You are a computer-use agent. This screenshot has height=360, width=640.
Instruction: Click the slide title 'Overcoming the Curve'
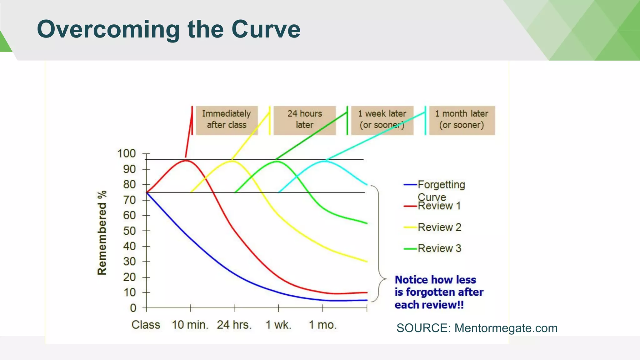pyautogui.click(x=169, y=29)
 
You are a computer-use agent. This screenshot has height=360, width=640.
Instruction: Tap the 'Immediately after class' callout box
pyautogui.click(x=227, y=120)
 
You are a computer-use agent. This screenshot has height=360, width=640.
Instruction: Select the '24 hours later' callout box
pyautogui.click(x=305, y=120)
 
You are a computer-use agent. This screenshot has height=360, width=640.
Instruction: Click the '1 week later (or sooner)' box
pyautogui.click(x=382, y=120)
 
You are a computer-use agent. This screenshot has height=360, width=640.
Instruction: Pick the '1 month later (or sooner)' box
pyautogui.click(x=462, y=120)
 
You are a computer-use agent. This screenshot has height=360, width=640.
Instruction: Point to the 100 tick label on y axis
pyautogui.click(x=127, y=154)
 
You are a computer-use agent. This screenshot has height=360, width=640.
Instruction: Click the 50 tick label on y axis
pyautogui.click(x=129, y=231)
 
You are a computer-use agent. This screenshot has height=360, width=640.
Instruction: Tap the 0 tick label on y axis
pyautogui.click(x=133, y=308)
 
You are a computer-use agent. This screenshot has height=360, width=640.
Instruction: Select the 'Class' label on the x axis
pyautogui.click(x=146, y=325)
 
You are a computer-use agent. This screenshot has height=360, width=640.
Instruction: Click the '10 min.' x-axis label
pyautogui.click(x=190, y=325)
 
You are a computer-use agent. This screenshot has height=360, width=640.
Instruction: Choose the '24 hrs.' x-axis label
pyautogui.click(x=234, y=325)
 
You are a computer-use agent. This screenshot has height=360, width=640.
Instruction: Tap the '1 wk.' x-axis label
pyautogui.click(x=278, y=325)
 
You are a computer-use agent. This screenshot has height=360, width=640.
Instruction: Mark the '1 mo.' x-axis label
pyautogui.click(x=323, y=325)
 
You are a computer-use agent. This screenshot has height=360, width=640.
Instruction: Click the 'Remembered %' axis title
pyautogui.click(x=102, y=233)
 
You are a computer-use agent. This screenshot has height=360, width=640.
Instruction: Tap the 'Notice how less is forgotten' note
pyautogui.click(x=439, y=292)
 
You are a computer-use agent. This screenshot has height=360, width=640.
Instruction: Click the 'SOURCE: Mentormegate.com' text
pyautogui.click(x=477, y=328)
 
